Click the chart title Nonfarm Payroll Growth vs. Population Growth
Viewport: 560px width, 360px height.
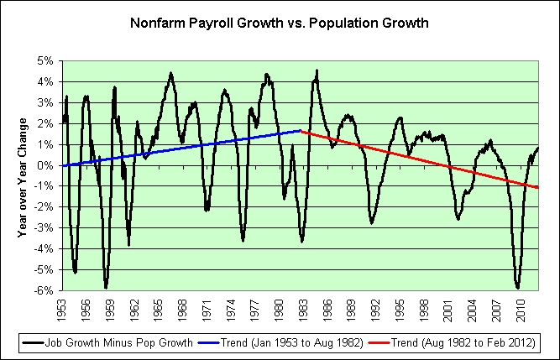(x=279, y=23)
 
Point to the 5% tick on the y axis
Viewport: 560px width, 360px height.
(x=45, y=60)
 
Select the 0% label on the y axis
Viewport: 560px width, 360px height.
(x=45, y=165)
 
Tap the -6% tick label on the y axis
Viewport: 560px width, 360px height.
(x=44, y=290)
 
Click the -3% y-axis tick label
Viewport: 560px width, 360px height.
(x=44, y=227)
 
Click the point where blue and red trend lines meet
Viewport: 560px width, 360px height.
(x=301, y=131)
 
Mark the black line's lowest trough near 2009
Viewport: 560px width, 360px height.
(x=518, y=288)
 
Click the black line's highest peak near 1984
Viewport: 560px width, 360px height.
(x=317, y=70)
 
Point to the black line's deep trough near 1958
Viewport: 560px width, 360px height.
(x=106, y=287)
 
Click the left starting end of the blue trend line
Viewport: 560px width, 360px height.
(x=62, y=165)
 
